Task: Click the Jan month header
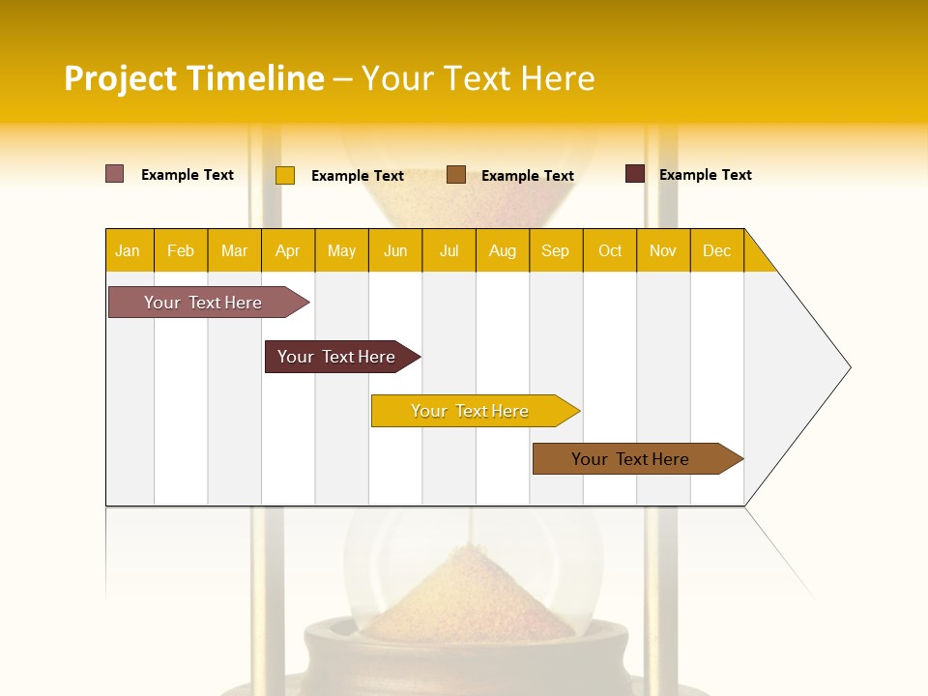pyautogui.click(x=128, y=250)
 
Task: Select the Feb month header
pyautogui.click(x=181, y=250)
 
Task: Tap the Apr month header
pyautogui.click(x=288, y=250)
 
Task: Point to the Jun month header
pyautogui.click(x=395, y=250)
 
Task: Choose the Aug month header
pyautogui.click(x=503, y=250)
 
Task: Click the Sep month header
pyautogui.click(x=555, y=250)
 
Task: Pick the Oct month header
pyautogui.click(x=610, y=250)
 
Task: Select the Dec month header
pyautogui.click(x=717, y=250)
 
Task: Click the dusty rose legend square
pyautogui.click(x=115, y=174)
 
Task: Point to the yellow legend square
pyautogui.click(x=285, y=175)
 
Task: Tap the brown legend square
pyautogui.click(x=456, y=175)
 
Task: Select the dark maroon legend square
pyautogui.click(x=635, y=174)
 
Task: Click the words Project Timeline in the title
pyautogui.click(x=193, y=78)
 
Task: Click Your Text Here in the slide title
pyautogui.click(x=478, y=78)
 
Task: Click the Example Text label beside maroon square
pyautogui.click(x=706, y=175)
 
